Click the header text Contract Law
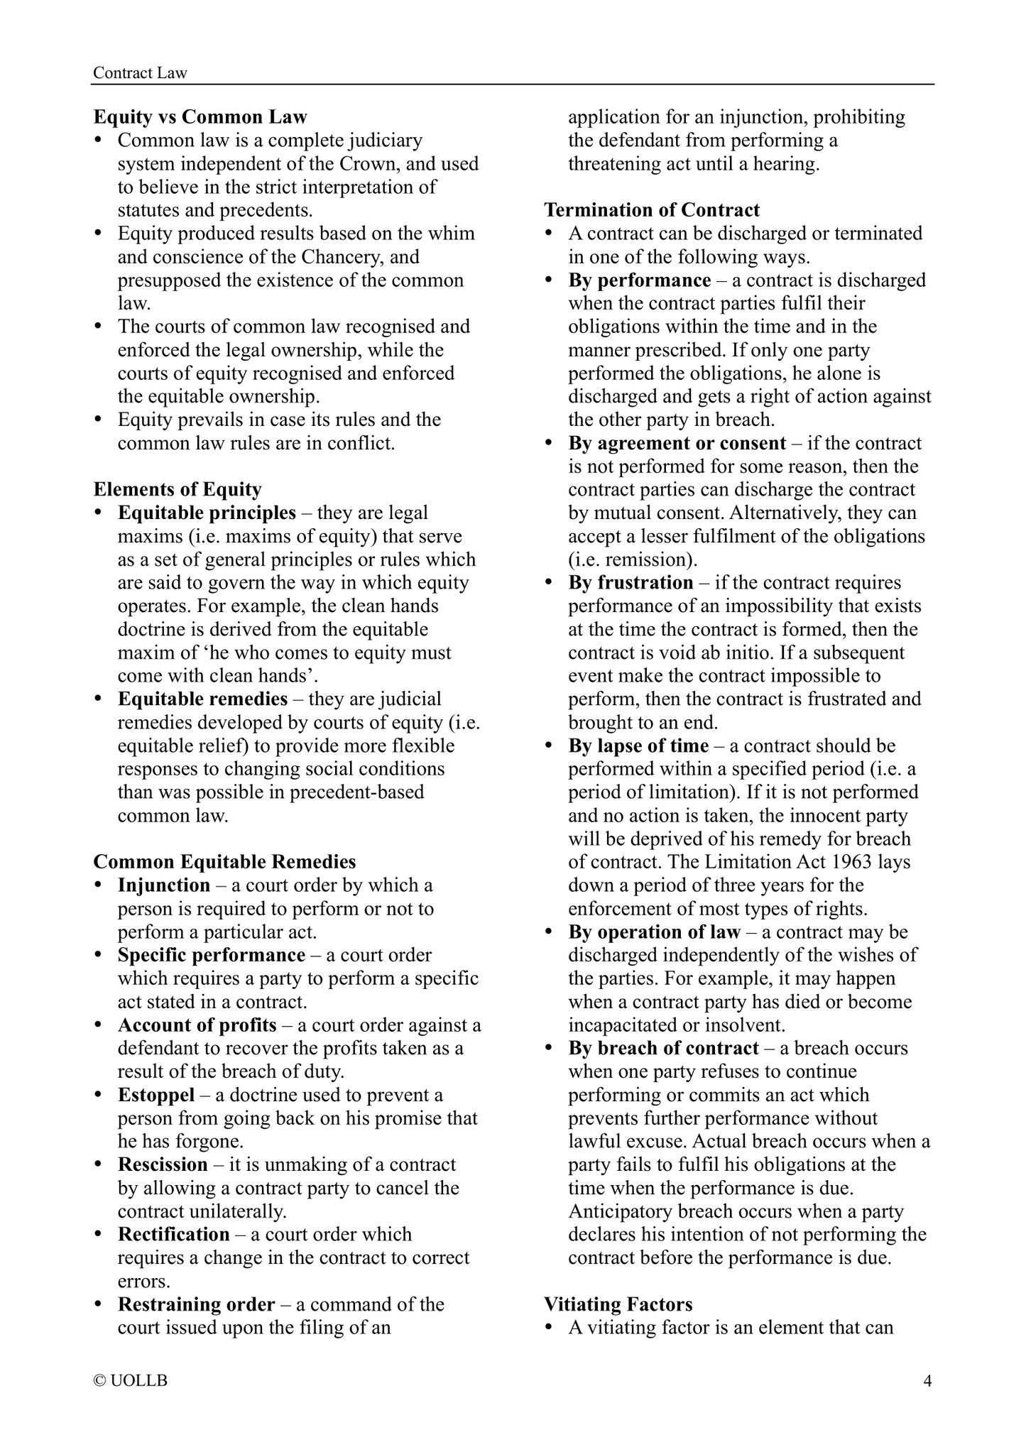tap(140, 73)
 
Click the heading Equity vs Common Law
tap(200, 117)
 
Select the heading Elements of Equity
tap(178, 489)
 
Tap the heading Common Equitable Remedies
tap(224, 862)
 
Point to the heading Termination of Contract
tap(652, 210)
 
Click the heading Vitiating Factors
tap(618, 1304)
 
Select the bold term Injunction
tap(164, 885)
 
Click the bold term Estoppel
tap(156, 1095)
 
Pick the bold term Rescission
tap(163, 1164)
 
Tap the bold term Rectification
tap(174, 1235)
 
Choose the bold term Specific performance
tap(211, 955)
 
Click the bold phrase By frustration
tap(631, 583)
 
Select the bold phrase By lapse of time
tap(638, 746)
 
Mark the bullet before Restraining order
tap(99, 1305)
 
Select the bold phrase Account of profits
tap(197, 1025)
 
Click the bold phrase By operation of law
tap(654, 932)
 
